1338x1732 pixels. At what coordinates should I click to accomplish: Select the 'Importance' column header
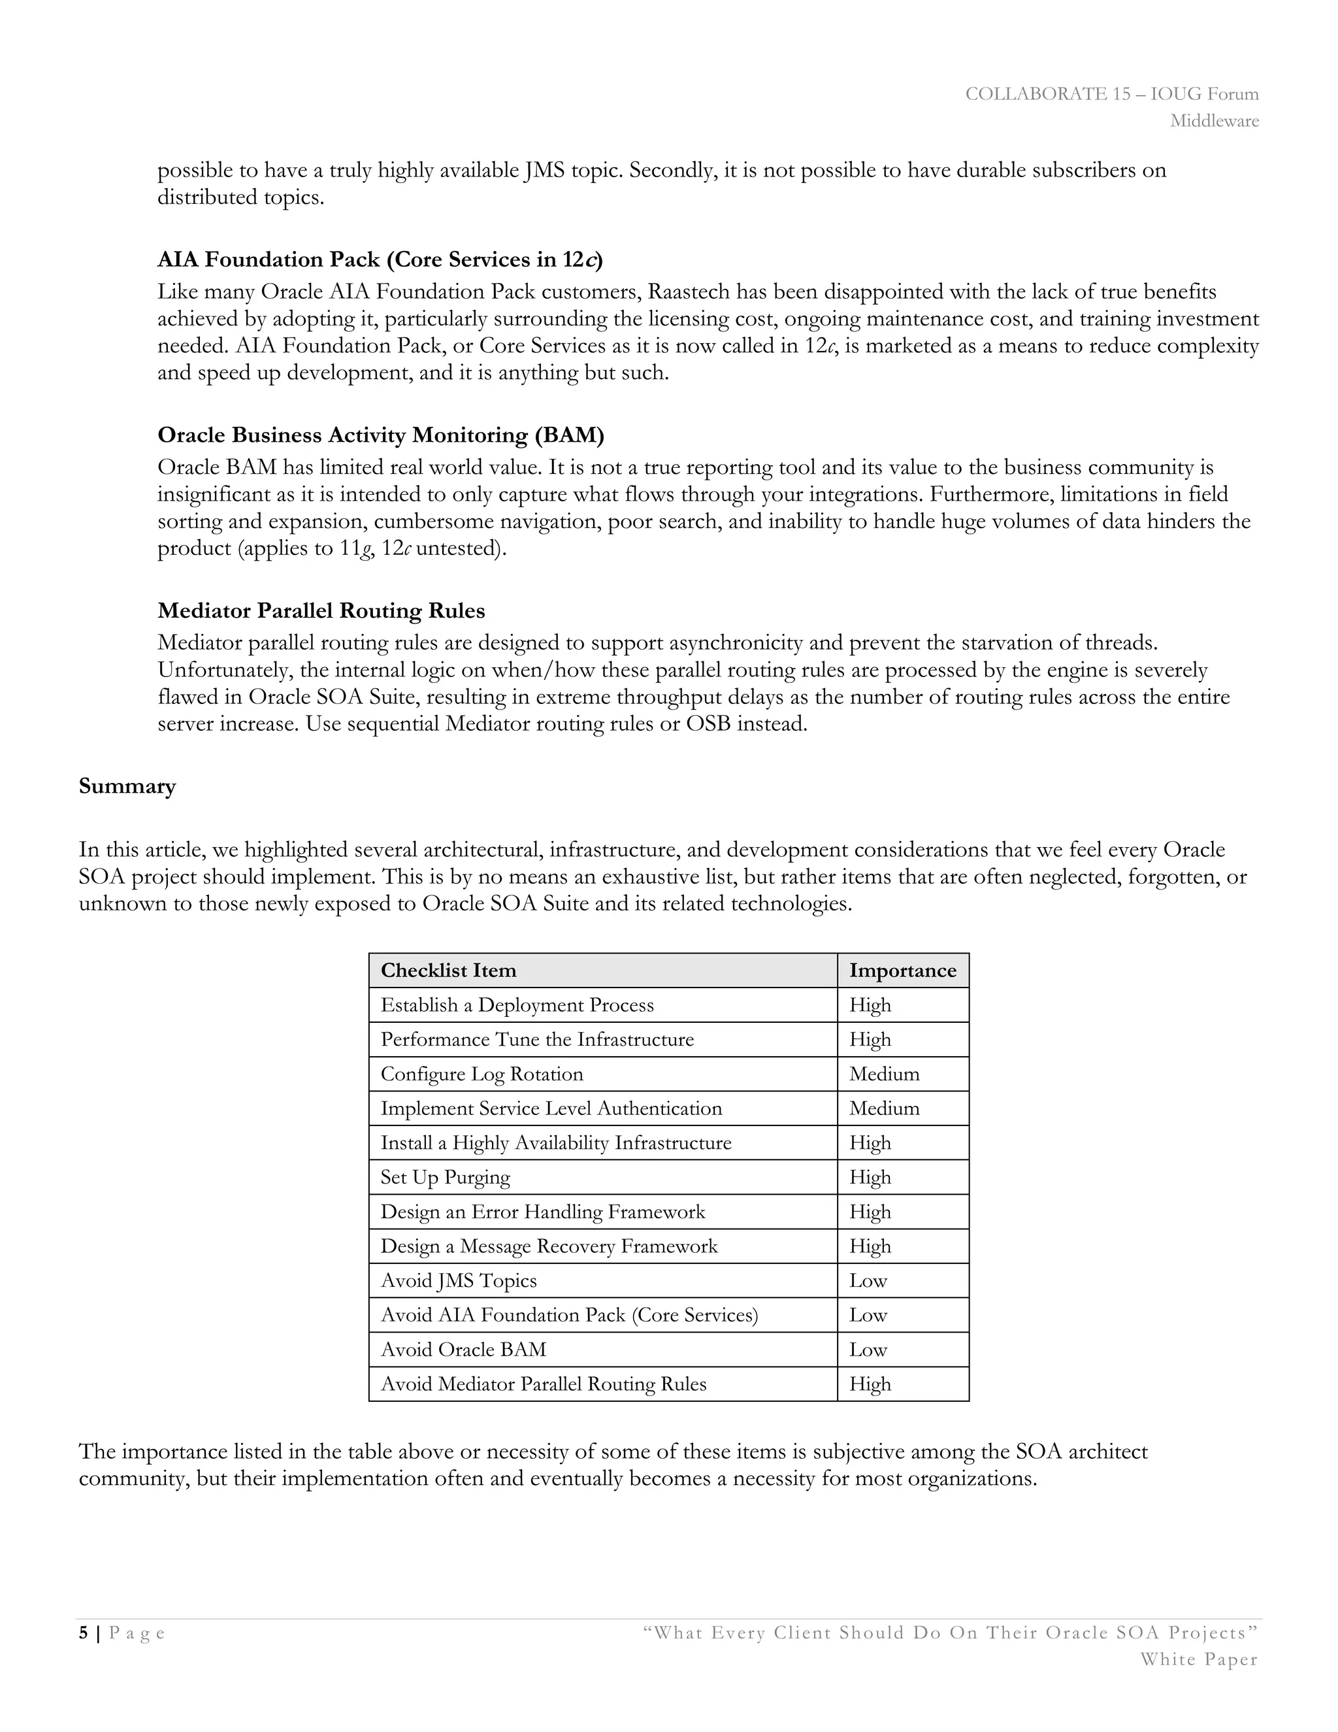(902, 970)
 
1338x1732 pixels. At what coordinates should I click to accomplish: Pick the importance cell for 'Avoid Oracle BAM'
(868, 1349)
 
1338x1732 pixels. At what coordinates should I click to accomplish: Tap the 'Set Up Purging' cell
(445, 1177)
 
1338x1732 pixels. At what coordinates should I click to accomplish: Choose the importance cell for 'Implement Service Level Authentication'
(884, 1108)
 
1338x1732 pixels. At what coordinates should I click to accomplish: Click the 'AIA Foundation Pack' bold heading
(380, 259)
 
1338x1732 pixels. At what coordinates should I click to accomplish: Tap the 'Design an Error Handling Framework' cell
(542, 1212)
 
